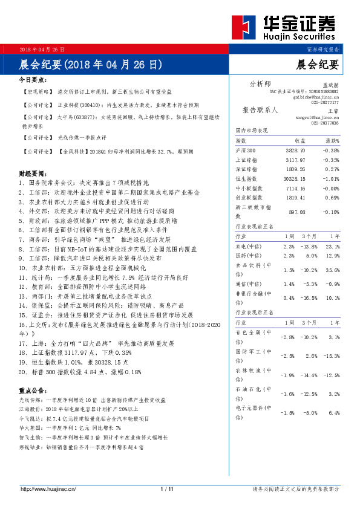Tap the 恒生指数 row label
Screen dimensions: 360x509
246,179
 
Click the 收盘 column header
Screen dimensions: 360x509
295,140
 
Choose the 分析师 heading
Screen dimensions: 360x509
260,83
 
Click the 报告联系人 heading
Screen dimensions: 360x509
260,111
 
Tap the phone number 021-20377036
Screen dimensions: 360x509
326,123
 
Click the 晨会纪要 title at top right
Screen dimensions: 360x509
318,63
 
